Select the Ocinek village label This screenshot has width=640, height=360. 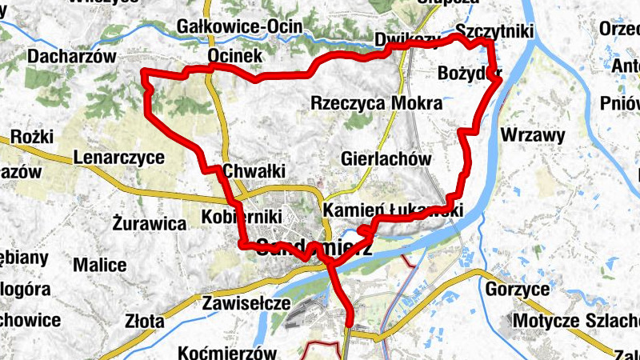pyautogui.click(x=234, y=56)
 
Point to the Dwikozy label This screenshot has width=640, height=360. pyautogui.click(x=407, y=41)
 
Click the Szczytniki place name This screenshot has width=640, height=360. pyautogui.click(x=493, y=30)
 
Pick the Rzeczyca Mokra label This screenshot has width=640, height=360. pyautogui.click(x=376, y=103)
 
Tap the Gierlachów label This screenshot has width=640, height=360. pyautogui.click(x=386, y=158)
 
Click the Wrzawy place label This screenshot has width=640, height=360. pyautogui.click(x=533, y=135)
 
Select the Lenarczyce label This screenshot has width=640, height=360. pyautogui.click(x=118, y=158)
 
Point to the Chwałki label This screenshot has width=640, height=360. pyautogui.click(x=254, y=170)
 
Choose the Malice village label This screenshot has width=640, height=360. pyautogui.click(x=99, y=265)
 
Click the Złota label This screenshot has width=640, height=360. pyautogui.click(x=145, y=322)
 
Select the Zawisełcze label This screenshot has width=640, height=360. pyautogui.click(x=246, y=303)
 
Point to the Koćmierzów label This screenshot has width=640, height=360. pyautogui.click(x=228, y=353)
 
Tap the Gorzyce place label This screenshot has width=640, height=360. pyautogui.click(x=517, y=289)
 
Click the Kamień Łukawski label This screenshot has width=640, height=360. pyautogui.click(x=394, y=210)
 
